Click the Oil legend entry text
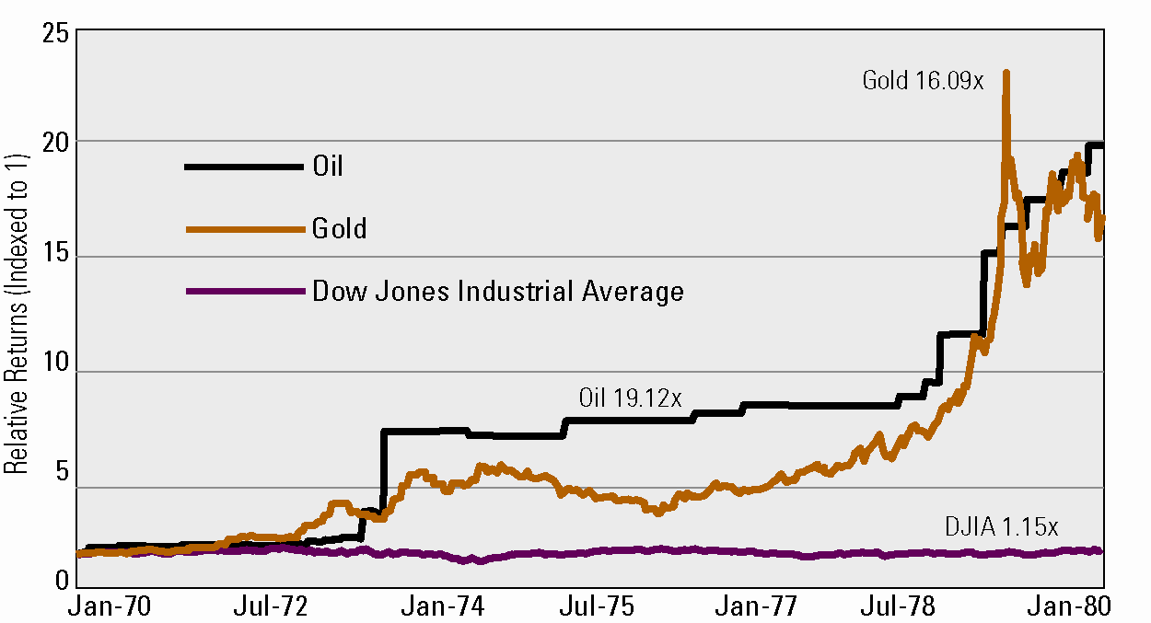click(327, 167)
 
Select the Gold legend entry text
click(339, 228)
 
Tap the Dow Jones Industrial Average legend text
click(498, 292)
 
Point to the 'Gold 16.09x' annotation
click(923, 81)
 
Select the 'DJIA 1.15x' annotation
click(1002, 527)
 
